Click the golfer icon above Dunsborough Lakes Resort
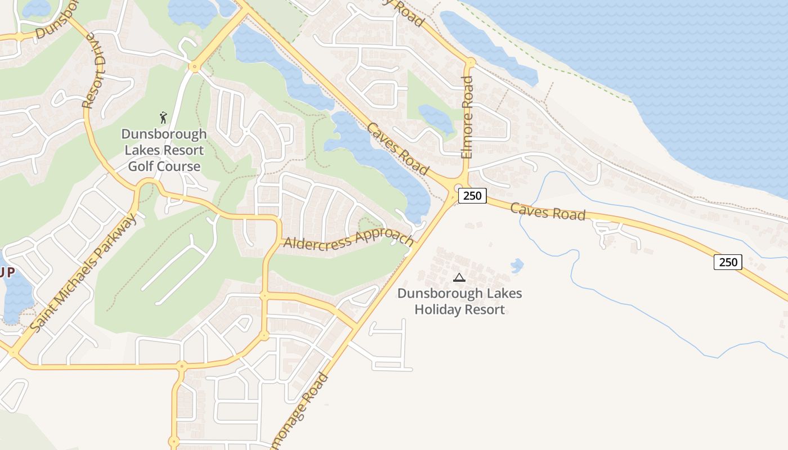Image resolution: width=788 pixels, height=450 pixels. pos(163,118)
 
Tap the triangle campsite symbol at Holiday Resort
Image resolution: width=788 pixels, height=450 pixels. pos(459,277)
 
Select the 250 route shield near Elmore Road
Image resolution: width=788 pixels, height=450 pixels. pos(472,196)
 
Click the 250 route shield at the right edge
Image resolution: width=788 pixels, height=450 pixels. pos(728,262)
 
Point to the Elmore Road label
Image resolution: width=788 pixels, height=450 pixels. pos(467,118)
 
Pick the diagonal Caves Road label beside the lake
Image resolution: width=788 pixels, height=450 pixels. pos(397,148)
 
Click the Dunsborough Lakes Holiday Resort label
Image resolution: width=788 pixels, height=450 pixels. pos(459,301)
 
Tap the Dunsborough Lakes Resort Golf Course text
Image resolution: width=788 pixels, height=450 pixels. pos(164,150)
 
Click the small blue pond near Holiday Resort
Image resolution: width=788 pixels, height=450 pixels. pos(517,265)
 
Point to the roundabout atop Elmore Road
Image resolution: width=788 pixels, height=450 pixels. pos(470,62)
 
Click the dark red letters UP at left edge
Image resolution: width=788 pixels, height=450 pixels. pos(7,272)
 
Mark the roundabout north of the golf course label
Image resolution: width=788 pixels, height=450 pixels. pos(195,67)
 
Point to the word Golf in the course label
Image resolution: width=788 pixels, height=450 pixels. pos(141,166)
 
